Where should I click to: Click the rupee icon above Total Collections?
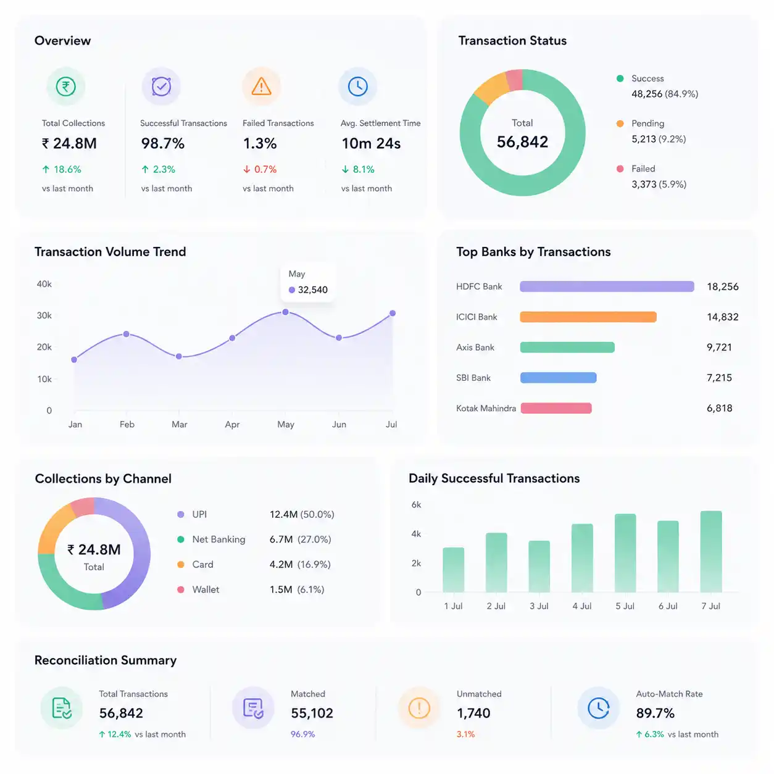[x=66, y=86]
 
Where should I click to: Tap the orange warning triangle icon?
[x=261, y=86]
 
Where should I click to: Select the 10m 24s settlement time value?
[x=371, y=143]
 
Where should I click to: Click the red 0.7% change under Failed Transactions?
[x=265, y=169]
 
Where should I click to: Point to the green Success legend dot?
[x=620, y=78]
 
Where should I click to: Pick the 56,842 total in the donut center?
[x=522, y=142]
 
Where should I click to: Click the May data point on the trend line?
[x=285, y=312]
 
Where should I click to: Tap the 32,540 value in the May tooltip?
[x=312, y=289]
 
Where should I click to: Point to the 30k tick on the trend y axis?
[x=44, y=315]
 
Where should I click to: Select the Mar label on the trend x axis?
[x=179, y=424]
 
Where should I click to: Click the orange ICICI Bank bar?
[x=588, y=317]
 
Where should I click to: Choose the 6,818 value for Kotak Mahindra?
[x=719, y=408]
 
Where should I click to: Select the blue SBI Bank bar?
[x=559, y=378]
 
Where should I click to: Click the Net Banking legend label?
[x=218, y=539]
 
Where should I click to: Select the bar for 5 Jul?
[x=625, y=552]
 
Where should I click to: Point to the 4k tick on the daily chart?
[x=416, y=534]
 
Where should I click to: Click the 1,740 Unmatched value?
[x=473, y=713]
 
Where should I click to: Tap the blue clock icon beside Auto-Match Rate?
[x=598, y=708]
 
